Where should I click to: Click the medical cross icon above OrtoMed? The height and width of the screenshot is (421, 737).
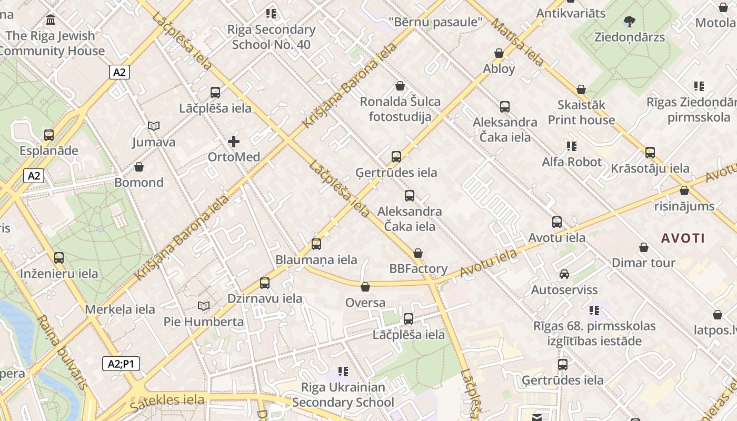(234, 142)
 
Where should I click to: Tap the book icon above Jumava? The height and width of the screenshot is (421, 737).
(154, 126)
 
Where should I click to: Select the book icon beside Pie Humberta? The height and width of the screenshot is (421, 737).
(204, 306)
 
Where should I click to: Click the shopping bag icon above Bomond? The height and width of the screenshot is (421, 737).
(139, 167)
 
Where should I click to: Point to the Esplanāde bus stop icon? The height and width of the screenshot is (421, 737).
(49, 135)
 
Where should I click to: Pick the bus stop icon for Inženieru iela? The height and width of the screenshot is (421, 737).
(59, 258)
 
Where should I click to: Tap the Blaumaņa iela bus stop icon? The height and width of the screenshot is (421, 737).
(316, 244)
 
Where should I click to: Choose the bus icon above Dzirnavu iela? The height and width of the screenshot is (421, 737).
(265, 283)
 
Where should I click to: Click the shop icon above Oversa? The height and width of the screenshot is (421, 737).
(365, 287)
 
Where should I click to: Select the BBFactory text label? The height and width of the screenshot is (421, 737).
(418, 269)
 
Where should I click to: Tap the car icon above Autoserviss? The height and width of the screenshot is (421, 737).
(564, 274)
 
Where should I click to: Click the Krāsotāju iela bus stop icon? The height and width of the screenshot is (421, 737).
(650, 153)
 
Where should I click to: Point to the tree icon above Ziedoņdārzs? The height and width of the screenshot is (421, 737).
(629, 22)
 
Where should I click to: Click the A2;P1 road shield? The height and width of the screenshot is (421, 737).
(121, 364)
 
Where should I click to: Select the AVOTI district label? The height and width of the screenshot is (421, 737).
(683, 238)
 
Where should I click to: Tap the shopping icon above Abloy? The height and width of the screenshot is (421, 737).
(499, 53)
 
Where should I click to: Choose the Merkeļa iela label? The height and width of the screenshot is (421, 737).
(120, 309)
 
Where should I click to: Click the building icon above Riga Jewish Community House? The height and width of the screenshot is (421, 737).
(51, 20)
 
